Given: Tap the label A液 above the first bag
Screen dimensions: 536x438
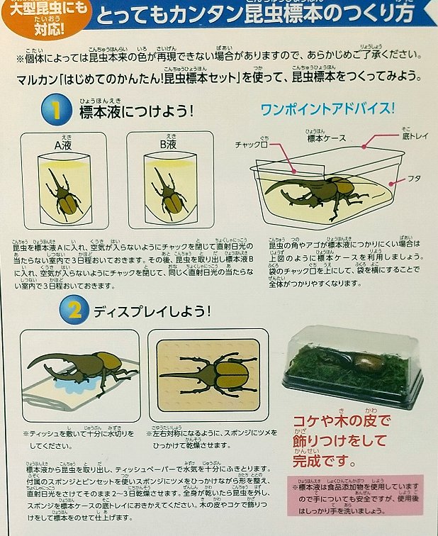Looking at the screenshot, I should click(65, 145).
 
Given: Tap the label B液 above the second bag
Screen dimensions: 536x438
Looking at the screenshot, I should click(168, 145).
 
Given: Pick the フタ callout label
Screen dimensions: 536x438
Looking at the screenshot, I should click(414, 178).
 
